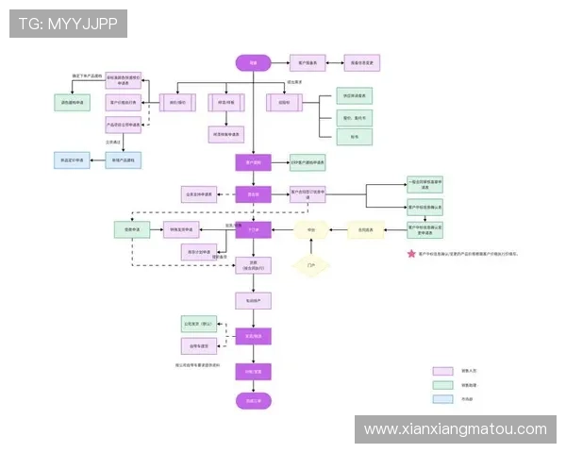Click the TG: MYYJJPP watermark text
(x=68, y=23)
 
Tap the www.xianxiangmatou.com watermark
(x=456, y=428)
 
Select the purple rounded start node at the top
(x=253, y=62)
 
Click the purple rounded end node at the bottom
(x=253, y=401)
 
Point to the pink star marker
(x=411, y=254)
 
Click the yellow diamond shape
(x=311, y=267)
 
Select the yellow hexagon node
(x=310, y=229)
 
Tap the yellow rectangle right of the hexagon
(x=365, y=229)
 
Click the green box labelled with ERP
(x=308, y=162)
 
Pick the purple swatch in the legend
(x=443, y=371)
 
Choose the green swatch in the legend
(x=443, y=385)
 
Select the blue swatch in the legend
(x=443, y=399)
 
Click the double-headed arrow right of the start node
(x=280, y=62)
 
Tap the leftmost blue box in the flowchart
(x=72, y=160)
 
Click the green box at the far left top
(x=72, y=102)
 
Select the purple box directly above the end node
(x=253, y=371)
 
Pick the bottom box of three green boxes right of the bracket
(x=356, y=137)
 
